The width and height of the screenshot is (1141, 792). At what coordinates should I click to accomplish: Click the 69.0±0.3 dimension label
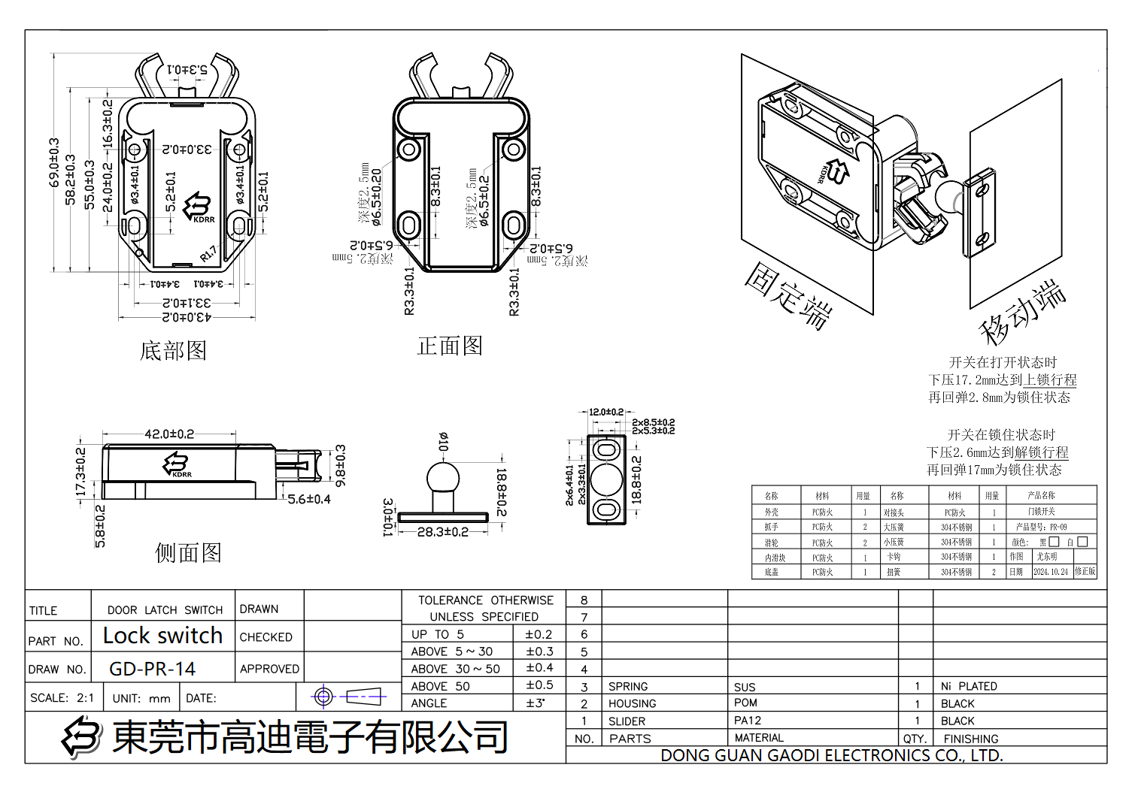pos(53,162)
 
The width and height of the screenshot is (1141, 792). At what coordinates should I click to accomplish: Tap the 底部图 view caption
pos(173,350)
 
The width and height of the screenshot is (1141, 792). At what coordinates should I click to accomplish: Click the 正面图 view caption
pos(450,346)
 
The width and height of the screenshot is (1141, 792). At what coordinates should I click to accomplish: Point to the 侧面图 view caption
pos(188,553)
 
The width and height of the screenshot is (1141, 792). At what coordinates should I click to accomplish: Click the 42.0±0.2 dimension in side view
pos(169,434)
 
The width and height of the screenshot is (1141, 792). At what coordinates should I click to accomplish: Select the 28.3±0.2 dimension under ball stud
pos(442,532)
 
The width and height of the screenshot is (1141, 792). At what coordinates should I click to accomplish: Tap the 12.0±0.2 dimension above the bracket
pos(605,412)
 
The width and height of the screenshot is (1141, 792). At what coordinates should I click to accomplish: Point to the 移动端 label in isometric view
pos(1023,311)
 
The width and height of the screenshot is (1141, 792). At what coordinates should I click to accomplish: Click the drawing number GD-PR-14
pos(153,669)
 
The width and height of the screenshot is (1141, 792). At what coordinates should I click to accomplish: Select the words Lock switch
pos(162,636)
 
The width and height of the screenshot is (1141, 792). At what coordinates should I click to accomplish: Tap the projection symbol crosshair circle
pos(323,697)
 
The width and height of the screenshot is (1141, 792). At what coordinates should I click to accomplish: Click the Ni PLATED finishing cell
pos(969,686)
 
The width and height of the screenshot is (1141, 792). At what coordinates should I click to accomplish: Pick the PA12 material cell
pos(748,720)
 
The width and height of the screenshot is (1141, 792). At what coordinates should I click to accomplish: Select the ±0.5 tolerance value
pos(539,685)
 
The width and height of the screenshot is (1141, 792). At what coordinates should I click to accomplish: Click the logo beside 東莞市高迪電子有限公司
pos(81,736)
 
